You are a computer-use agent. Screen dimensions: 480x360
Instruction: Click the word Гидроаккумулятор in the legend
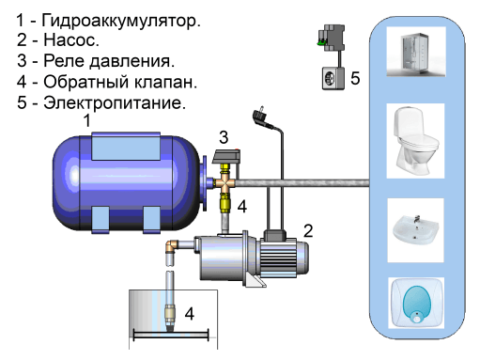pyautogui.click(x=121, y=21)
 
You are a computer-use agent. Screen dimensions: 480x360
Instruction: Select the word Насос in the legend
pyautogui.click(x=71, y=39)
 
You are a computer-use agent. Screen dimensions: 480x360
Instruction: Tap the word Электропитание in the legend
pyautogui.click(x=115, y=103)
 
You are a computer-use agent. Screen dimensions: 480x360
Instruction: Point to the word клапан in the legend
pyautogui.click(x=165, y=82)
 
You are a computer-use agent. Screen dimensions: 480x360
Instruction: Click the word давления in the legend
pyautogui.click(x=132, y=61)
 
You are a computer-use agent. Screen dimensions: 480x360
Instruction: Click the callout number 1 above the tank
pyautogui.click(x=86, y=120)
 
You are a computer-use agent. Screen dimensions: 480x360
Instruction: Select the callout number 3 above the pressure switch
pyautogui.click(x=224, y=137)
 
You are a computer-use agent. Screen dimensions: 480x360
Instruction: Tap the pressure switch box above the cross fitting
pyautogui.click(x=226, y=156)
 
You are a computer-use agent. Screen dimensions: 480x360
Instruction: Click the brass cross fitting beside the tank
pyautogui.click(x=225, y=184)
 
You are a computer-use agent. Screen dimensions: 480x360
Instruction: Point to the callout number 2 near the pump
pyautogui.click(x=308, y=231)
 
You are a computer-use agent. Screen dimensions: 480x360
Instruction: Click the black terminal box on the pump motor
pyautogui.click(x=275, y=235)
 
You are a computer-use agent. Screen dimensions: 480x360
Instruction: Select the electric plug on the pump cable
pyautogui.click(x=261, y=117)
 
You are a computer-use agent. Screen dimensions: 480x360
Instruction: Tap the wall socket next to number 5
pyautogui.click(x=333, y=79)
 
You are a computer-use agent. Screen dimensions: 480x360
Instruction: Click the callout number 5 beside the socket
pyautogui.click(x=355, y=78)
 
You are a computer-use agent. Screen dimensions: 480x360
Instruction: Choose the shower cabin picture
pyautogui.click(x=416, y=52)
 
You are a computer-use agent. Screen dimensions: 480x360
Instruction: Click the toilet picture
pyautogui.click(x=415, y=141)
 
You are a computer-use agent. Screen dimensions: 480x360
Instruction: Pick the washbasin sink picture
pyautogui.click(x=415, y=230)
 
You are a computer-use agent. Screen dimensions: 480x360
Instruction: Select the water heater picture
pyautogui.click(x=416, y=303)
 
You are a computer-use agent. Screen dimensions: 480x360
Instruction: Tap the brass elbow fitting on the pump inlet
pyautogui.click(x=172, y=246)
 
